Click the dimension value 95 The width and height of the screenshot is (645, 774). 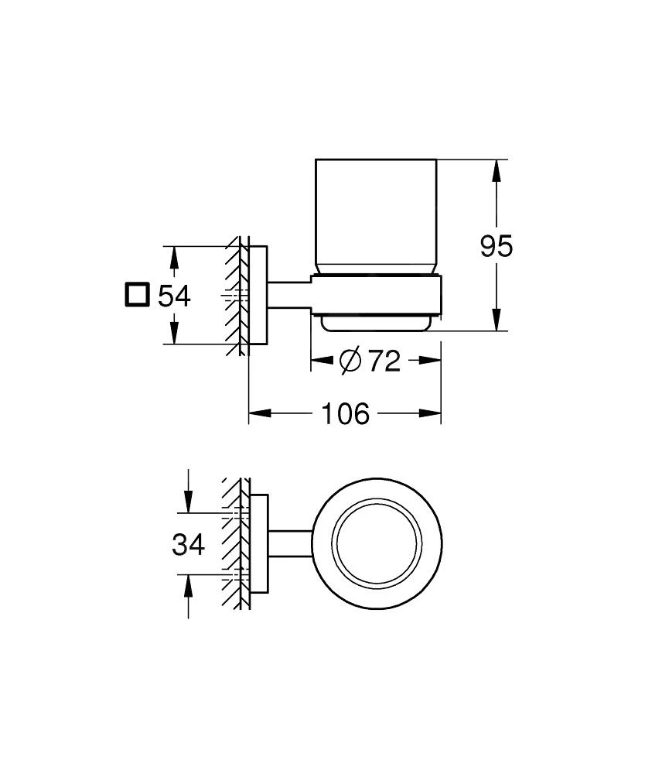click(496, 247)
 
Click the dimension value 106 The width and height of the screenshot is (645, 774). click(345, 414)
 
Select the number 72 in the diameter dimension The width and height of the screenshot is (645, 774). click(384, 360)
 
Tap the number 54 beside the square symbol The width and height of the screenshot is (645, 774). click(174, 296)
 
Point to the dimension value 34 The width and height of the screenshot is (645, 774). click(188, 544)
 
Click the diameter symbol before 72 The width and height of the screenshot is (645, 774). click(350, 360)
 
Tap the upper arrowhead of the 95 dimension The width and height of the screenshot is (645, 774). click(496, 169)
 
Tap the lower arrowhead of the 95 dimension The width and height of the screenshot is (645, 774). click(496, 322)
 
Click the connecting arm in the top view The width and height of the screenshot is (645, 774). click(289, 543)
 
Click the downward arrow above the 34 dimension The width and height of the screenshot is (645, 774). click(188, 502)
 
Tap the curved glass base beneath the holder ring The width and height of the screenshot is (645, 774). click(377, 323)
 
